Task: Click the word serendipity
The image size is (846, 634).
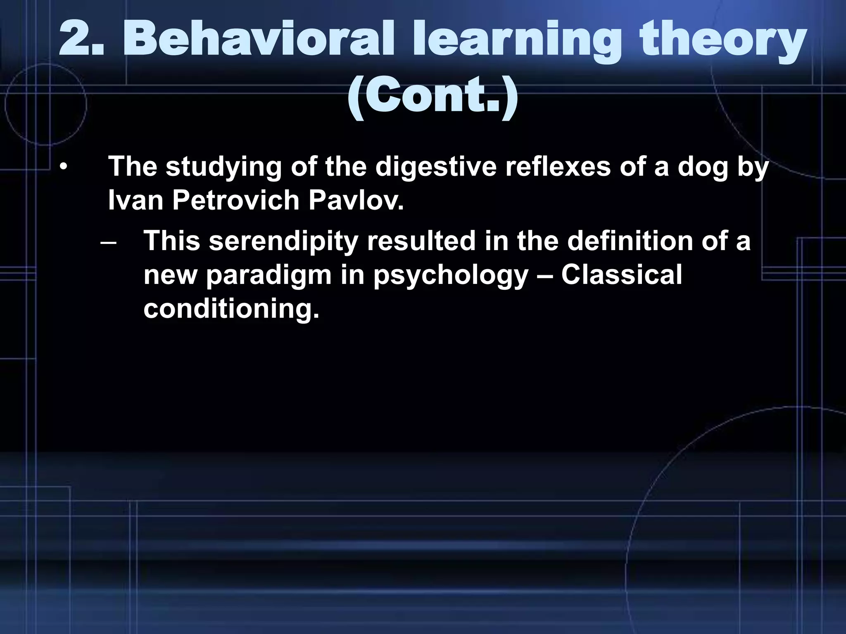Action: [x=283, y=242]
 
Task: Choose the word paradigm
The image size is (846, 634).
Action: [x=269, y=276]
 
